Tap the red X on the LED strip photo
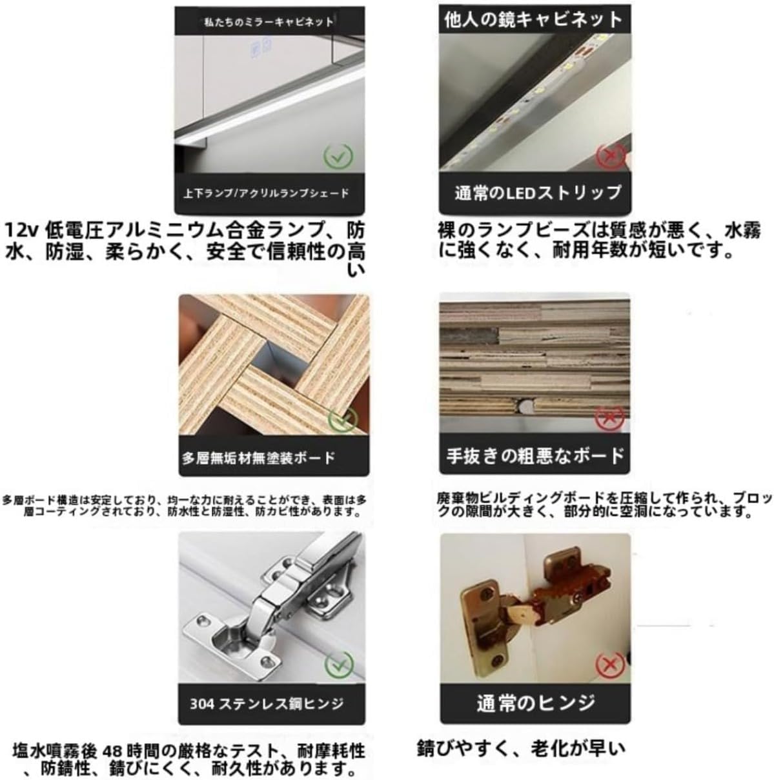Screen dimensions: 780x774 tap(609, 155)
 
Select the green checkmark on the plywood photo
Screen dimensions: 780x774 tap(342, 419)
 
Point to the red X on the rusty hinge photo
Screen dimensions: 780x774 tap(609, 665)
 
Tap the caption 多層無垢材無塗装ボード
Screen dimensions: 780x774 tap(258, 458)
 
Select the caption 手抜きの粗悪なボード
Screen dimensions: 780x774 tap(535, 455)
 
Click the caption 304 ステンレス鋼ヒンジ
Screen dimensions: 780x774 tap(267, 703)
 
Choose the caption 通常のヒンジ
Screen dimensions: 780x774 tap(535, 702)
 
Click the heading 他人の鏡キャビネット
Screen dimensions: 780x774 tap(533, 19)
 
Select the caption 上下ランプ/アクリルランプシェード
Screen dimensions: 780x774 tap(266, 193)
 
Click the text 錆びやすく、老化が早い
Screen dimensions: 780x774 tap(522, 748)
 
